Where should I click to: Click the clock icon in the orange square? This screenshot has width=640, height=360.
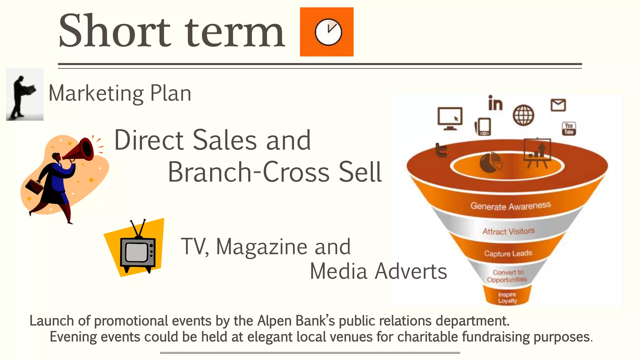click(328, 32)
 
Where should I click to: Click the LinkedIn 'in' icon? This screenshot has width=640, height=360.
click(495, 103)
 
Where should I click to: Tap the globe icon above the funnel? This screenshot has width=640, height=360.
click(523, 115)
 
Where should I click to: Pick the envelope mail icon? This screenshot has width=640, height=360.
click(558, 105)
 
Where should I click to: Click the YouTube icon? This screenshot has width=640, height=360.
click(569, 129)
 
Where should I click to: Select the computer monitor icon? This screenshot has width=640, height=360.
click(450, 118)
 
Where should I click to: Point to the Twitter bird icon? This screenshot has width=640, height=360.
click(442, 150)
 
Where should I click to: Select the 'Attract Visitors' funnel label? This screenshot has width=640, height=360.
click(508, 232)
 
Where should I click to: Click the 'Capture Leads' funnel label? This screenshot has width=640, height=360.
click(508, 253)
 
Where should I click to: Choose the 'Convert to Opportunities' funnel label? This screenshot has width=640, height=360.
click(507, 276)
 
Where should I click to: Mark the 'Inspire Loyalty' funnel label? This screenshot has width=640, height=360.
click(507, 297)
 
